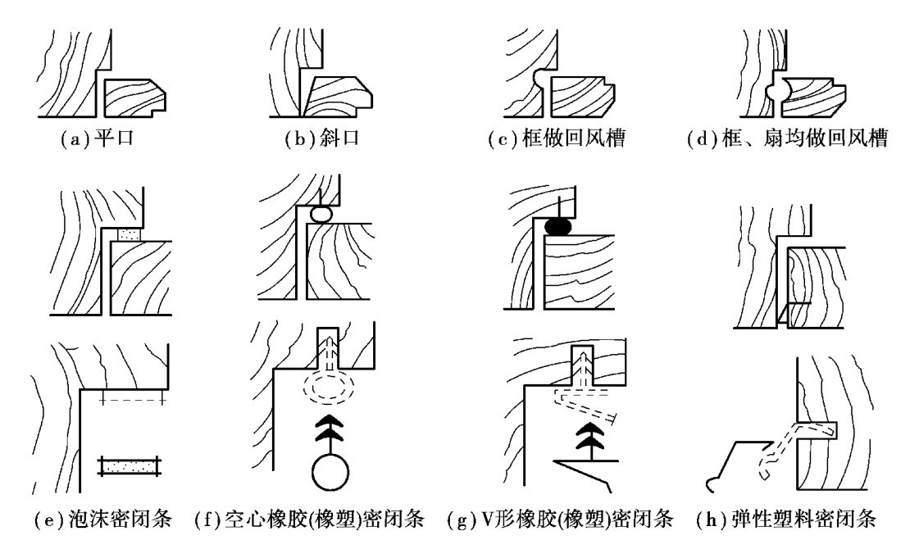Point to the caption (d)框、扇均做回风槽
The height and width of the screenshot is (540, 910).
[x=787, y=138]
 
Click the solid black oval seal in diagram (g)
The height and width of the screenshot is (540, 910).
[x=560, y=225]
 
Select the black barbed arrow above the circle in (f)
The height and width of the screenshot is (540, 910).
[x=330, y=430]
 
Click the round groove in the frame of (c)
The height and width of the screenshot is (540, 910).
[x=541, y=79]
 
